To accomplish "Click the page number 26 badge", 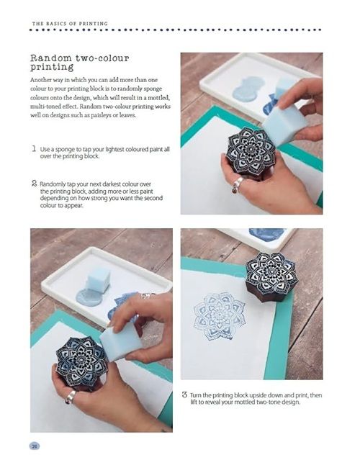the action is click(x=35, y=446).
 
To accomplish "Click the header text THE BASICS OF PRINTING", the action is click(x=70, y=24).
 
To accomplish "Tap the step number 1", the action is click(x=34, y=148).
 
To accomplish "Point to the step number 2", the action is click(x=34, y=184).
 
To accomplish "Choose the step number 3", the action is click(x=184, y=395).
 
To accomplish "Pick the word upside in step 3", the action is click(x=258, y=395).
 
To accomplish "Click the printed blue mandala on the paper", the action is click(x=220, y=316).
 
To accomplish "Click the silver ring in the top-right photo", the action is click(x=237, y=184).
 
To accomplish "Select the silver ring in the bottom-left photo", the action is click(x=71, y=397).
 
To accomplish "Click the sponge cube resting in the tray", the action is click(x=98, y=280).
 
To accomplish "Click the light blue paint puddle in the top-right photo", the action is click(x=249, y=89).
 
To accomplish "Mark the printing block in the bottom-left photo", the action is click(x=81, y=361).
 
